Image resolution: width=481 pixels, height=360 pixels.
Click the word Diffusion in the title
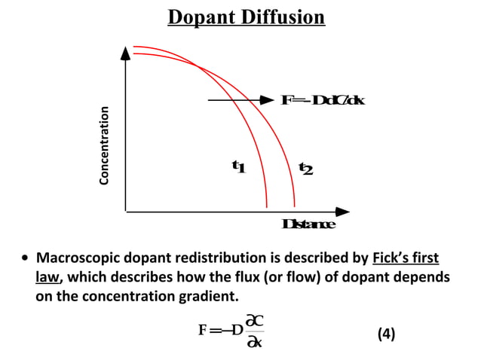(x=283, y=17)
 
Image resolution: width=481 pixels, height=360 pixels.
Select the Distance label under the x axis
(x=308, y=224)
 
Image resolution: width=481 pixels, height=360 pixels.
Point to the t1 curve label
(x=238, y=166)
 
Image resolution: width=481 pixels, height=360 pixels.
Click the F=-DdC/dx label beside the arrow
(x=323, y=100)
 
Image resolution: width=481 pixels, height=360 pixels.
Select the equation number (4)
(x=385, y=333)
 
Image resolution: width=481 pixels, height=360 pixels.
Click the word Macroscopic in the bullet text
(x=79, y=259)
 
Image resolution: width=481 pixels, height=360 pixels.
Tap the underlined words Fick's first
(x=406, y=259)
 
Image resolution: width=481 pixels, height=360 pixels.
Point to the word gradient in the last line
(x=207, y=296)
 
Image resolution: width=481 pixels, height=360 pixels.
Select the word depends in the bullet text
(x=424, y=277)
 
